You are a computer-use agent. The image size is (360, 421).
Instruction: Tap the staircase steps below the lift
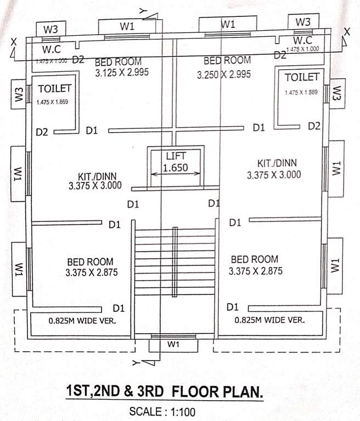click(176, 260)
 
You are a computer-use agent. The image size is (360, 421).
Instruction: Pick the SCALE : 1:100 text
click(161, 411)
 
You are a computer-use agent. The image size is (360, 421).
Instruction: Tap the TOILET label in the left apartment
click(55, 88)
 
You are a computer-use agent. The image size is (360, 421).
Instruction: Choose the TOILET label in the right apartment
click(301, 78)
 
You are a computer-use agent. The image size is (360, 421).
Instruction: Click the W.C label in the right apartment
click(302, 41)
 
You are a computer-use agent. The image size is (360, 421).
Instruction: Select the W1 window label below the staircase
click(173, 344)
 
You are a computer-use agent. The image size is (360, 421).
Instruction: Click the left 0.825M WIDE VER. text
click(82, 321)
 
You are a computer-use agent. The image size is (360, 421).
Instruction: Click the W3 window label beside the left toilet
click(19, 94)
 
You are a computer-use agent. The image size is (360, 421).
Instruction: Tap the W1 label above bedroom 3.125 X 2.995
click(127, 26)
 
